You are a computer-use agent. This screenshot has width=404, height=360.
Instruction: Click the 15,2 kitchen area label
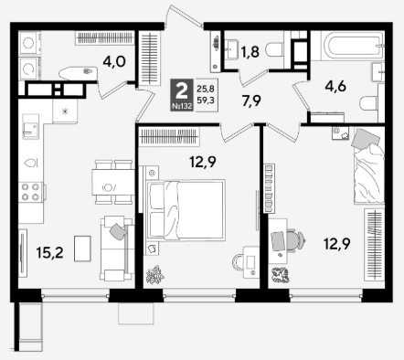(49, 252)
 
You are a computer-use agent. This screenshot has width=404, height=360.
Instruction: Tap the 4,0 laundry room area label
(114, 62)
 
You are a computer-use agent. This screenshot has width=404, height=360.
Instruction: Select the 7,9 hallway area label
(251, 101)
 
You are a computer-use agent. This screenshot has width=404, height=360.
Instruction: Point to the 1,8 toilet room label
(250, 51)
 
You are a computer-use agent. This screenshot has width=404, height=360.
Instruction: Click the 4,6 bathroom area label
(335, 87)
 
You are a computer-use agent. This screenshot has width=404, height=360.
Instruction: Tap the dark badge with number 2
(182, 95)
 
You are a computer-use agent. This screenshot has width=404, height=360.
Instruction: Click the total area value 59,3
(206, 100)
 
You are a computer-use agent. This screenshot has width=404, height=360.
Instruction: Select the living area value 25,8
(206, 89)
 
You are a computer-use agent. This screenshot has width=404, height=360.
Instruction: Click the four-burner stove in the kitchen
(30, 192)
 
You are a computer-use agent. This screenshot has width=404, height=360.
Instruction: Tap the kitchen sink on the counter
(30, 126)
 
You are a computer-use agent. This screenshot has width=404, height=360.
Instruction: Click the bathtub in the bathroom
(352, 46)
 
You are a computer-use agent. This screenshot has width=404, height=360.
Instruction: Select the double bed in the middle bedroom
(186, 210)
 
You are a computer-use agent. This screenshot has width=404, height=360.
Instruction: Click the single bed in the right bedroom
(368, 166)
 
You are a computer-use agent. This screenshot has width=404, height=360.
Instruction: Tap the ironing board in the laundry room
(79, 73)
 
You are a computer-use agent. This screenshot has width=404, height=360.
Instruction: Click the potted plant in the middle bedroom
(155, 275)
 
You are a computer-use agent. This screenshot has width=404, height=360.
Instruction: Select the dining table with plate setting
(113, 183)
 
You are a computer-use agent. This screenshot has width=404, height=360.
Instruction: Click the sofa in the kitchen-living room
(117, 249)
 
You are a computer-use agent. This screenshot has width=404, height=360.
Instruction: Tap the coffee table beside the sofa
(82, 249)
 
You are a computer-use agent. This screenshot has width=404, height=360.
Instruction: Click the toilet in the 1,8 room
(274, 50)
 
